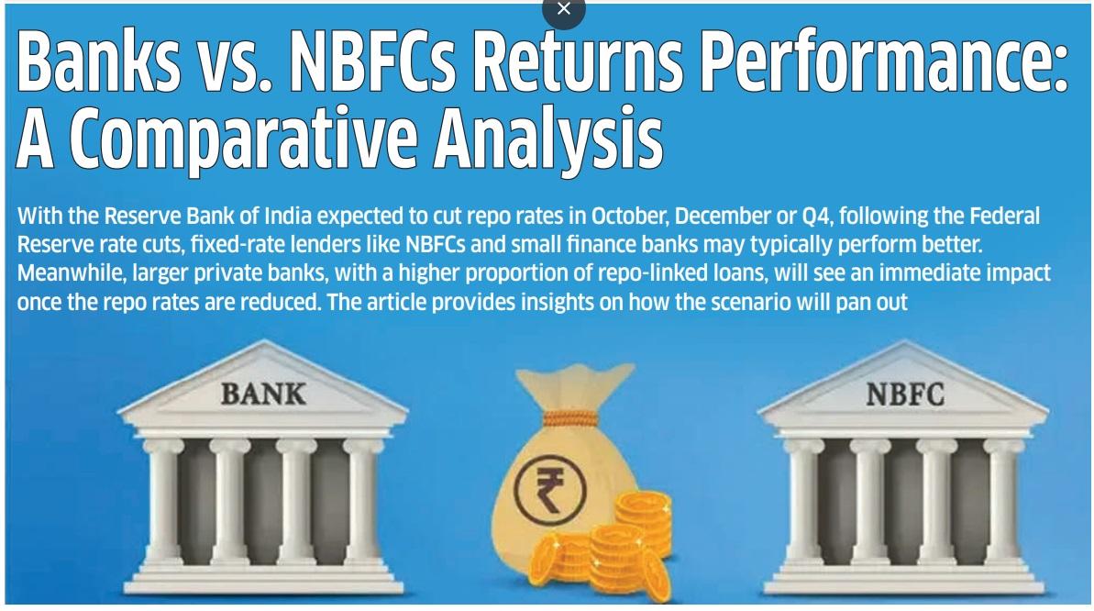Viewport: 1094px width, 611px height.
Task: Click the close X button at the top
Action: [563, 9]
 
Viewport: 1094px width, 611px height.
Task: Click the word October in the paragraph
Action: [625, 217]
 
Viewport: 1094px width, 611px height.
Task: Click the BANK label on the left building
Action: [263, 394]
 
